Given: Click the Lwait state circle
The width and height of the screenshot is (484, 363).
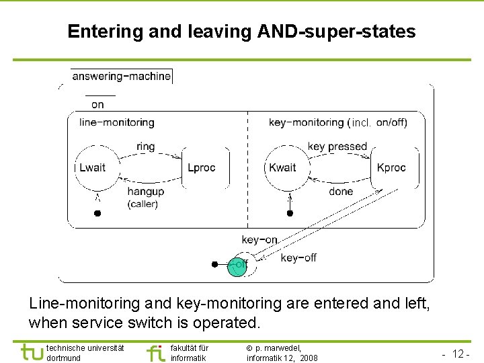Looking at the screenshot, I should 93,167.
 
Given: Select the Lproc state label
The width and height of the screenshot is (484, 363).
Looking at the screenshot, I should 201,167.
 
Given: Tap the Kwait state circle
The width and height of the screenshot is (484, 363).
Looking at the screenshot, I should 283,167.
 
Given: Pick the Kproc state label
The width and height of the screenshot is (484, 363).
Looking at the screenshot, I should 391,167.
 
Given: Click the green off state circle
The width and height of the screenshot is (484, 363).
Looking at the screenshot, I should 237,266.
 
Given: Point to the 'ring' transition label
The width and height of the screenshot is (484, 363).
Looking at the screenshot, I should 145,147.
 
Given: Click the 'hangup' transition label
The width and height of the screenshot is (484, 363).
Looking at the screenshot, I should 145,192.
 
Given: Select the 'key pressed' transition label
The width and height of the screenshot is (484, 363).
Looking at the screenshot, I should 337,147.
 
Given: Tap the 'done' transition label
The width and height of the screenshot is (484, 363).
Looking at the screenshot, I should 341,192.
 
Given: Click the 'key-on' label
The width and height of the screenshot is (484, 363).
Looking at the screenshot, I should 259,240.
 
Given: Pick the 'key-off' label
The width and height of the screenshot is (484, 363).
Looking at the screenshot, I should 298,257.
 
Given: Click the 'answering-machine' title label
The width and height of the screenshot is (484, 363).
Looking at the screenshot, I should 121,76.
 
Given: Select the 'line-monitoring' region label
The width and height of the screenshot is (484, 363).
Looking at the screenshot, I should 116,122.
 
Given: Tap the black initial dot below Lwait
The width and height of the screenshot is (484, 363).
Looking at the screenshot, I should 97,214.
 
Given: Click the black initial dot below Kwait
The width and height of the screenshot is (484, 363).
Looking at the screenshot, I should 290,214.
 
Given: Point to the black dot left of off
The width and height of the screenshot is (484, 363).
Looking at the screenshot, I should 214,264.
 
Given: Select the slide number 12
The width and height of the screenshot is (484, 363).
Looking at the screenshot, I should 461,354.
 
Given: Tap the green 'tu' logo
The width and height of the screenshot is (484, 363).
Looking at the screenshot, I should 32,352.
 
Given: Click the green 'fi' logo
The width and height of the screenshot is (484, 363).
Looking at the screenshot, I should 155,352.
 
